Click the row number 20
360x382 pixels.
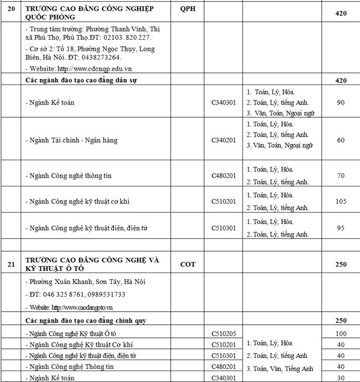pyautogui.click(x=10, y=10)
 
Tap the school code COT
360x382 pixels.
pyautogui.click(x=188, y=265)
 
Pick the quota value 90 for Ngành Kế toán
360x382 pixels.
pyautogui.click(x=341, y=102)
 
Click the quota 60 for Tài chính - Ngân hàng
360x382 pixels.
pyautogui.click(x=341, y=140)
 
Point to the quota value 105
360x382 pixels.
pyautogui.click(x=341, y=201)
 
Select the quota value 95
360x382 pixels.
pyautogui.click(x=341, y=228)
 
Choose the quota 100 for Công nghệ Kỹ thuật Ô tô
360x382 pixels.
pyautogui.click(x=341, y=332)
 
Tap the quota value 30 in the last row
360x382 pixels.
pyautogui.click(x=341, y=377)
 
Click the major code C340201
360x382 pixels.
pyautogui.click(x=224, y=140)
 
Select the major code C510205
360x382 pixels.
pyautogui.click(x=224, y=332)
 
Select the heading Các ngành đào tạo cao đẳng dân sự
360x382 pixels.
pyautogui.click(x=82, y=80)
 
